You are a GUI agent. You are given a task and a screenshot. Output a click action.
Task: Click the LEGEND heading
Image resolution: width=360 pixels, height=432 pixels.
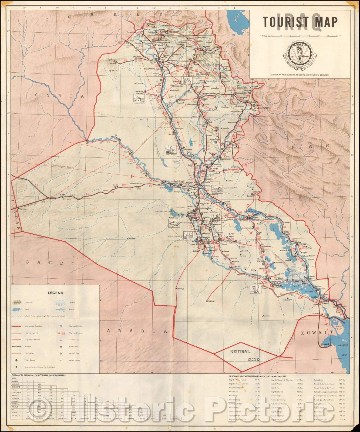tap(55, 293)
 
